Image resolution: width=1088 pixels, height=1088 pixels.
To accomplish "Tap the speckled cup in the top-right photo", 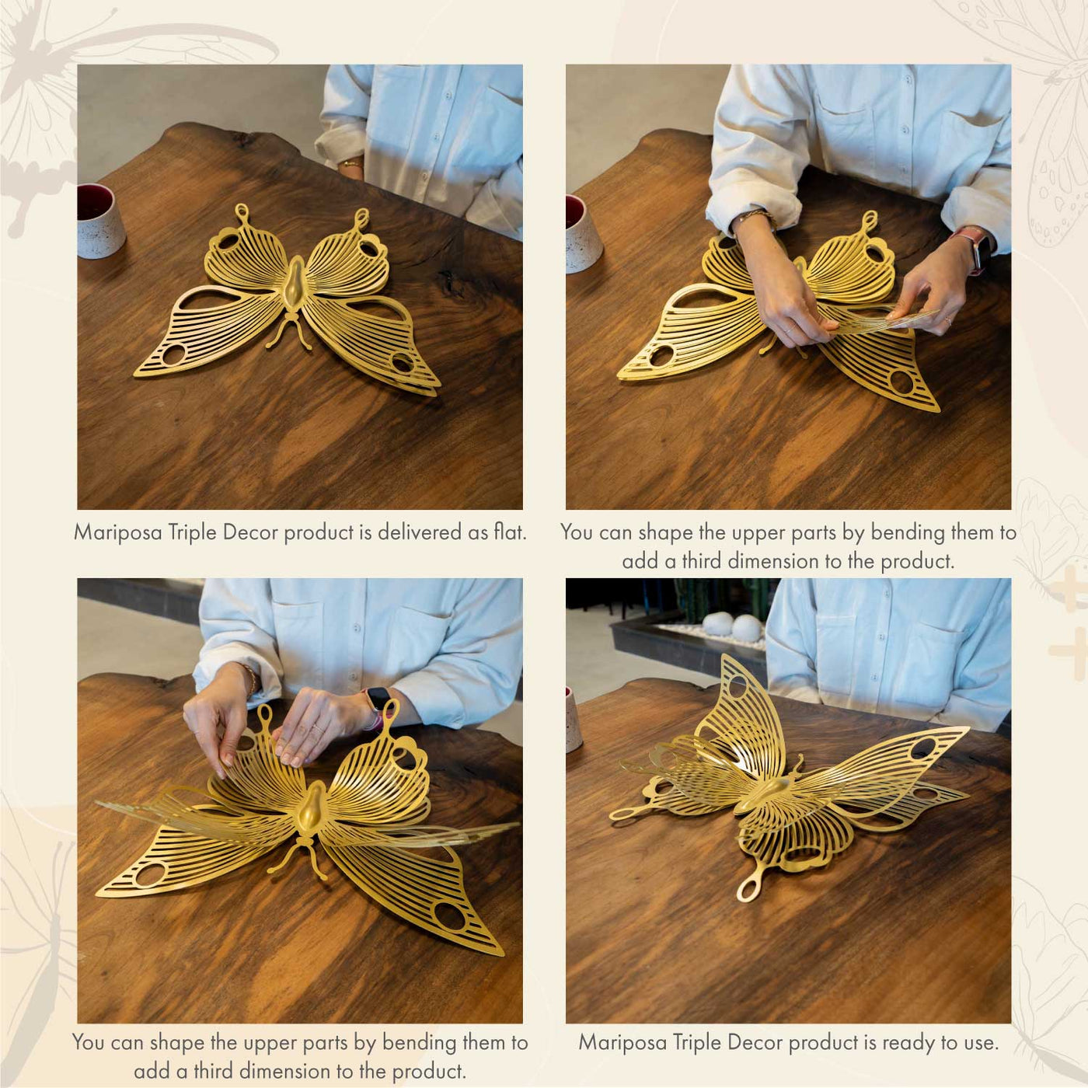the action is click(x=583, y=234).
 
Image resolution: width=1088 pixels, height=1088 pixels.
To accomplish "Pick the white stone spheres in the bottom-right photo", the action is click(x=732, y=626).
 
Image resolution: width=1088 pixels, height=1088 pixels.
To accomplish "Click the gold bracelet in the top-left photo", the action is click(x=351, y=164).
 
